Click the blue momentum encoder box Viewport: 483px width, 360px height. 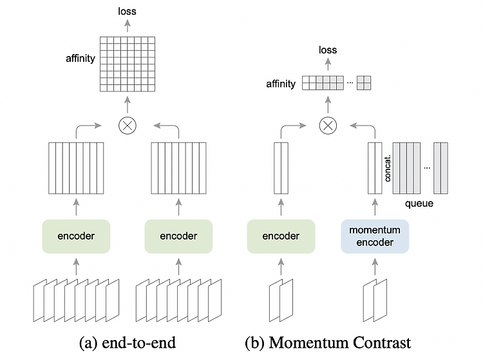(375, 236)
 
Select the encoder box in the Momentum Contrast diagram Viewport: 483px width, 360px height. (281, 236)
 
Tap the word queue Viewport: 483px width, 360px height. (419, 204)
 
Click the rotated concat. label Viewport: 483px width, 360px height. (388, 168)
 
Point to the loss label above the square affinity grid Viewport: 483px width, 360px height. (127, 12)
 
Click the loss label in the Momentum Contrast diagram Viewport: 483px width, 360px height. (328, 50)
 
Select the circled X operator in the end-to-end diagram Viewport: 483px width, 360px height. (128, 126)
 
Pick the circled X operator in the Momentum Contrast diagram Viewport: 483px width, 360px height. (328, 126)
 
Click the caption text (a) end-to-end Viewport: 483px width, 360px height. (128, 343)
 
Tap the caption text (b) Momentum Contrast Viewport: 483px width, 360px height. (328, 343)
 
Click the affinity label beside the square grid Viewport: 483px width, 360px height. (80, 58)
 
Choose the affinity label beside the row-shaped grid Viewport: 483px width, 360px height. (281, 84)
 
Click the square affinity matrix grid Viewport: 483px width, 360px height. (128, 64)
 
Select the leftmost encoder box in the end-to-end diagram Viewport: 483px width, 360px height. (76, 236)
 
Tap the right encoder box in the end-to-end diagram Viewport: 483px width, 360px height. (178, 236)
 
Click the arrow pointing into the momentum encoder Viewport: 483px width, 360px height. (375, 267)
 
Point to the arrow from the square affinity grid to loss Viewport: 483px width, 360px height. (128, 26)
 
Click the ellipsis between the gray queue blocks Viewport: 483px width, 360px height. (427, 168)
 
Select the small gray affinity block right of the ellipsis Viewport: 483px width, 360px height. (364, 83)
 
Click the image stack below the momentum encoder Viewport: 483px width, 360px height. (375, 300)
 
